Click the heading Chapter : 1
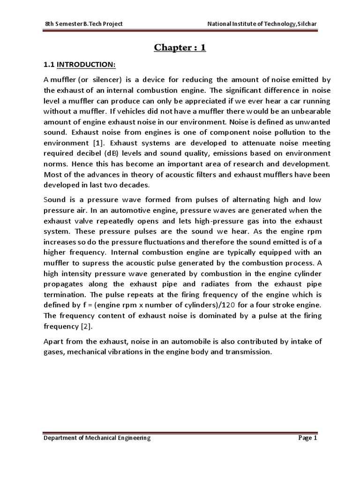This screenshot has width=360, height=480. coord(180,48)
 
